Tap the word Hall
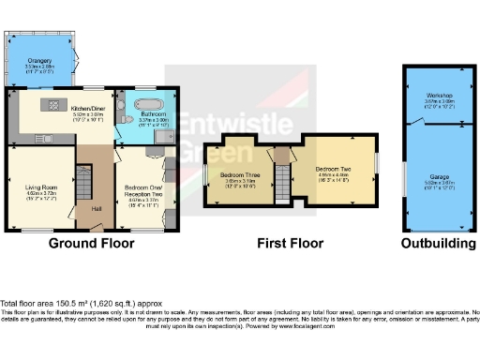pyautogui.click(x=97, y=208)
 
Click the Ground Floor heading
pyautogui.click(x=91, y=243)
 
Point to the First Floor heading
pyautogui.click(x=291, y=243)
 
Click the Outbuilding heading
pyautogui.click(x=438, y=243)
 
